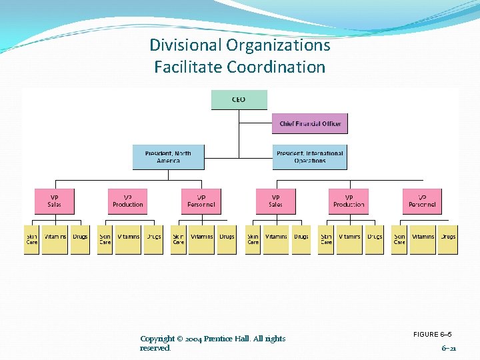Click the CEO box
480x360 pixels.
click(x=239, y=100)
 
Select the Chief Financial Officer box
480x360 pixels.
click(x=310, y=123)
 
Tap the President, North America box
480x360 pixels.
click(x=168, y=157)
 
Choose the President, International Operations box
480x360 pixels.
click(x=309, y=157)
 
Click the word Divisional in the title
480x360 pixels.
click(x=185, y=45)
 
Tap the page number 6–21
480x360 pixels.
click(x=449, y=348)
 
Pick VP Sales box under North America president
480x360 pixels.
click(x=55, y=201)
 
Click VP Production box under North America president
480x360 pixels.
click(x=128, y=201)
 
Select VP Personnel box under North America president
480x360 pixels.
click(x=201, y=201)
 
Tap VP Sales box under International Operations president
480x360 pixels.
click(x=275, y=201)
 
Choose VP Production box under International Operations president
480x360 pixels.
click(x=349, y=201)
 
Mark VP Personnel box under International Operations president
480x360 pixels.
click(x=423, y=201)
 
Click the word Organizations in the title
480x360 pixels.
click(x=279, y=45)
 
